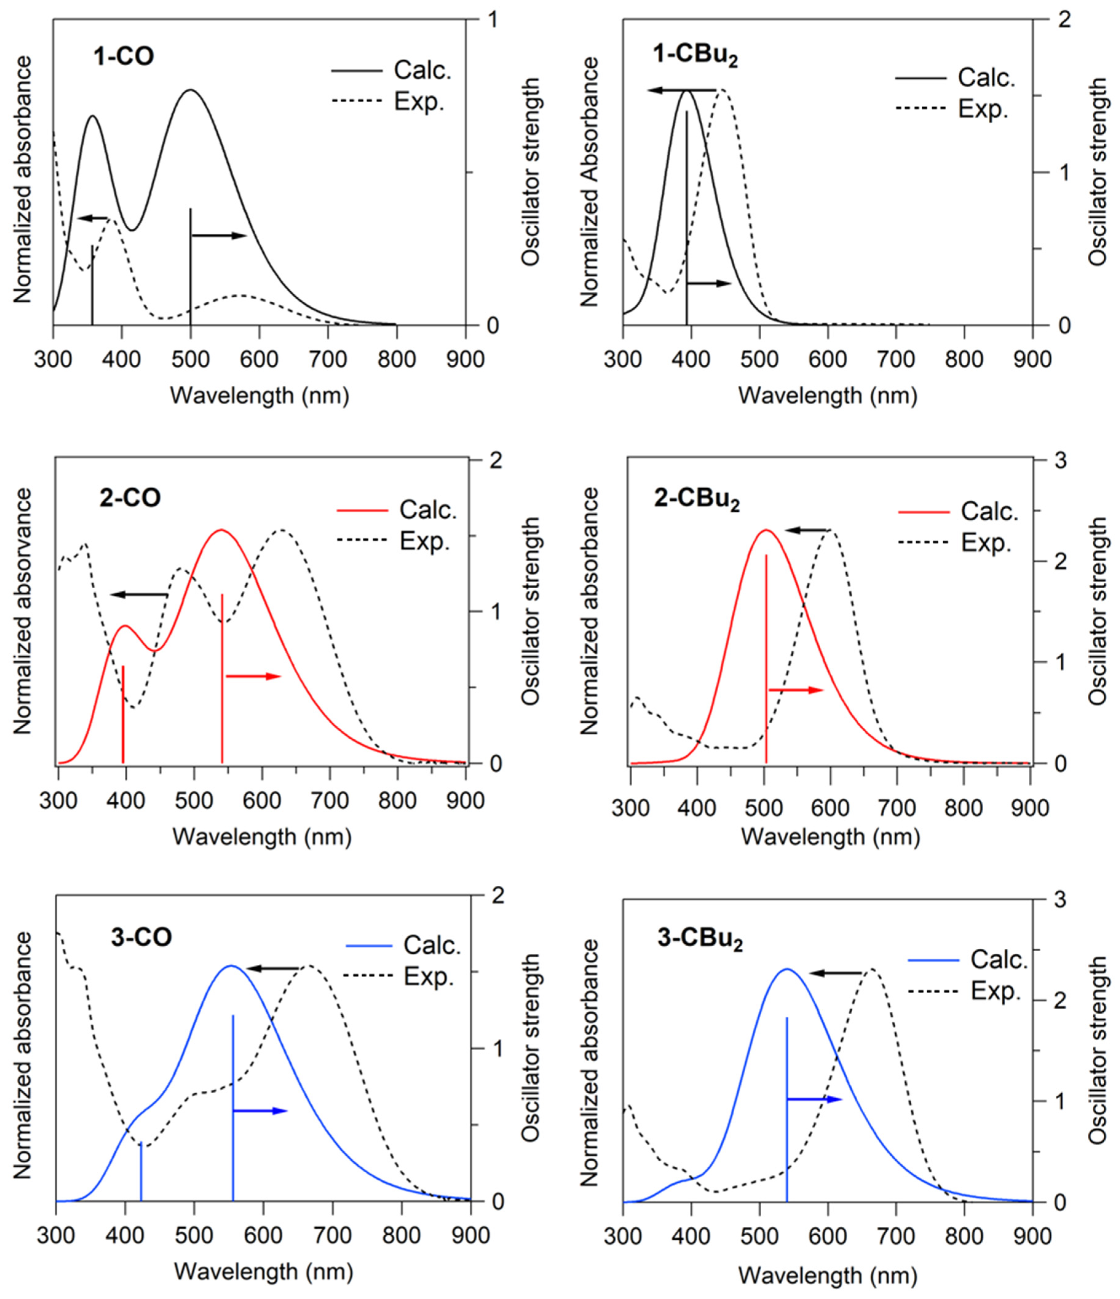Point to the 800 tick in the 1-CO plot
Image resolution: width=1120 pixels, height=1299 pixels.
pyautogui.click(x=396, y=359)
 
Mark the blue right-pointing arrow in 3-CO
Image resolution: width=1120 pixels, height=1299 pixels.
pyautogui.click(x=260, y=1111)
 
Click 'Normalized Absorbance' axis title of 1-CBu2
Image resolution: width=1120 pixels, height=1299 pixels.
pyautogui.click(x=589, y=182)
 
